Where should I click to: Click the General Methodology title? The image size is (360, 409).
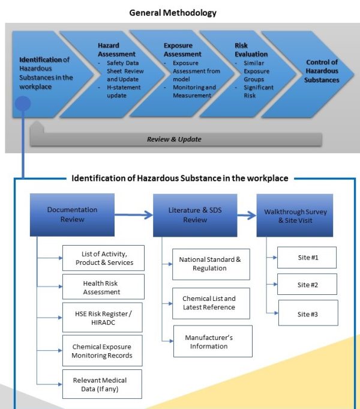click(173, 13)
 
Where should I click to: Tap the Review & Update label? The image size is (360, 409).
click(174, 139)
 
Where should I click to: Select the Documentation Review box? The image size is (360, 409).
click(72, 215)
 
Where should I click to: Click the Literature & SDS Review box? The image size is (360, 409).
click(195, 216)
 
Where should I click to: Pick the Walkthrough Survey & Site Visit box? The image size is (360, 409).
click(295, 216)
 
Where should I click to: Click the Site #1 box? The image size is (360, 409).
click(307, 258)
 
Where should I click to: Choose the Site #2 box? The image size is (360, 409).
click(307, 284)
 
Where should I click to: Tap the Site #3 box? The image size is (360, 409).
click(308, 313)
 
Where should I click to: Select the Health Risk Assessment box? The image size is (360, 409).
click(103, 286)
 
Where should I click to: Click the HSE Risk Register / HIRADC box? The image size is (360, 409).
click(103, 318)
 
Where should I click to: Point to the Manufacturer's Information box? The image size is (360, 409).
click(213, 341)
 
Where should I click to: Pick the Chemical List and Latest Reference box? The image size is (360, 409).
click(211, 303)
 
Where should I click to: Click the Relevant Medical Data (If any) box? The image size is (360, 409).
click(102, 384)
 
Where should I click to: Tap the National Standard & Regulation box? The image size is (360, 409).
click(211, 264)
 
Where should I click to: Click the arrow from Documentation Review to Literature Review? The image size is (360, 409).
click(133, 214)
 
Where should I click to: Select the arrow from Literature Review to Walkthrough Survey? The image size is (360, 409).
click(247, 215)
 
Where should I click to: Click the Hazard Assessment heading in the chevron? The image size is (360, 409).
click(116, 50)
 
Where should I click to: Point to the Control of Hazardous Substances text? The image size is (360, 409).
click(322, 71)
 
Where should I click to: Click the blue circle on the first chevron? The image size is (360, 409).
click(23, 103)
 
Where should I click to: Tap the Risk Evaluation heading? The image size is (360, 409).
click(251, 50)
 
